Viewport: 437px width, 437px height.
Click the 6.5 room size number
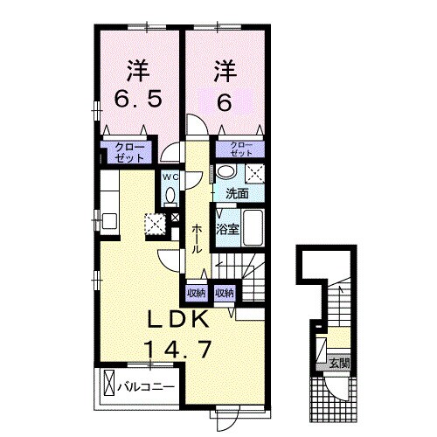(x=137, y=99)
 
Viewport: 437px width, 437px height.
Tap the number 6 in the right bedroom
(x=225, y=102)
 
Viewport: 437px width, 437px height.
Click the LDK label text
(x=178, y=319)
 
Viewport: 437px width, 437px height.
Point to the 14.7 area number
(x=177, y=349)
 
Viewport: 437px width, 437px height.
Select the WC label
(x=170, y=177)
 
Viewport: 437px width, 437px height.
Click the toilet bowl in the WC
(x=170, y=194)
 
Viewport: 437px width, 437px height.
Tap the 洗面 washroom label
(x=238, y=194)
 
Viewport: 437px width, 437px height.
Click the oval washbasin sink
(x=226, y=171)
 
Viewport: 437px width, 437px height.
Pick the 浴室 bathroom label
(x=227, y=230)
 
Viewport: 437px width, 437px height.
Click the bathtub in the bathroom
(x=253, y=228)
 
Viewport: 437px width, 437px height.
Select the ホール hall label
(x=197, y=239)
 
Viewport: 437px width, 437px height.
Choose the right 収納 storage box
(x=225, y=294)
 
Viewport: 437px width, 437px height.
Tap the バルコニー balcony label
(x=146, y=387)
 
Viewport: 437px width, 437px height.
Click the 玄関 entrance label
(x=339, y=363)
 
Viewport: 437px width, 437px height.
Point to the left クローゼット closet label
(x=129, y=152)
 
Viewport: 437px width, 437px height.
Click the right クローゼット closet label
(x=241, y=149)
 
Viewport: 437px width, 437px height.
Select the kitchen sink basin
(x=110, y=221)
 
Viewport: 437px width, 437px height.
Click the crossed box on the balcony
(x=109, y=383)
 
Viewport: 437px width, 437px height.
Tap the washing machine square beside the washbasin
(x=255, y=174)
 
